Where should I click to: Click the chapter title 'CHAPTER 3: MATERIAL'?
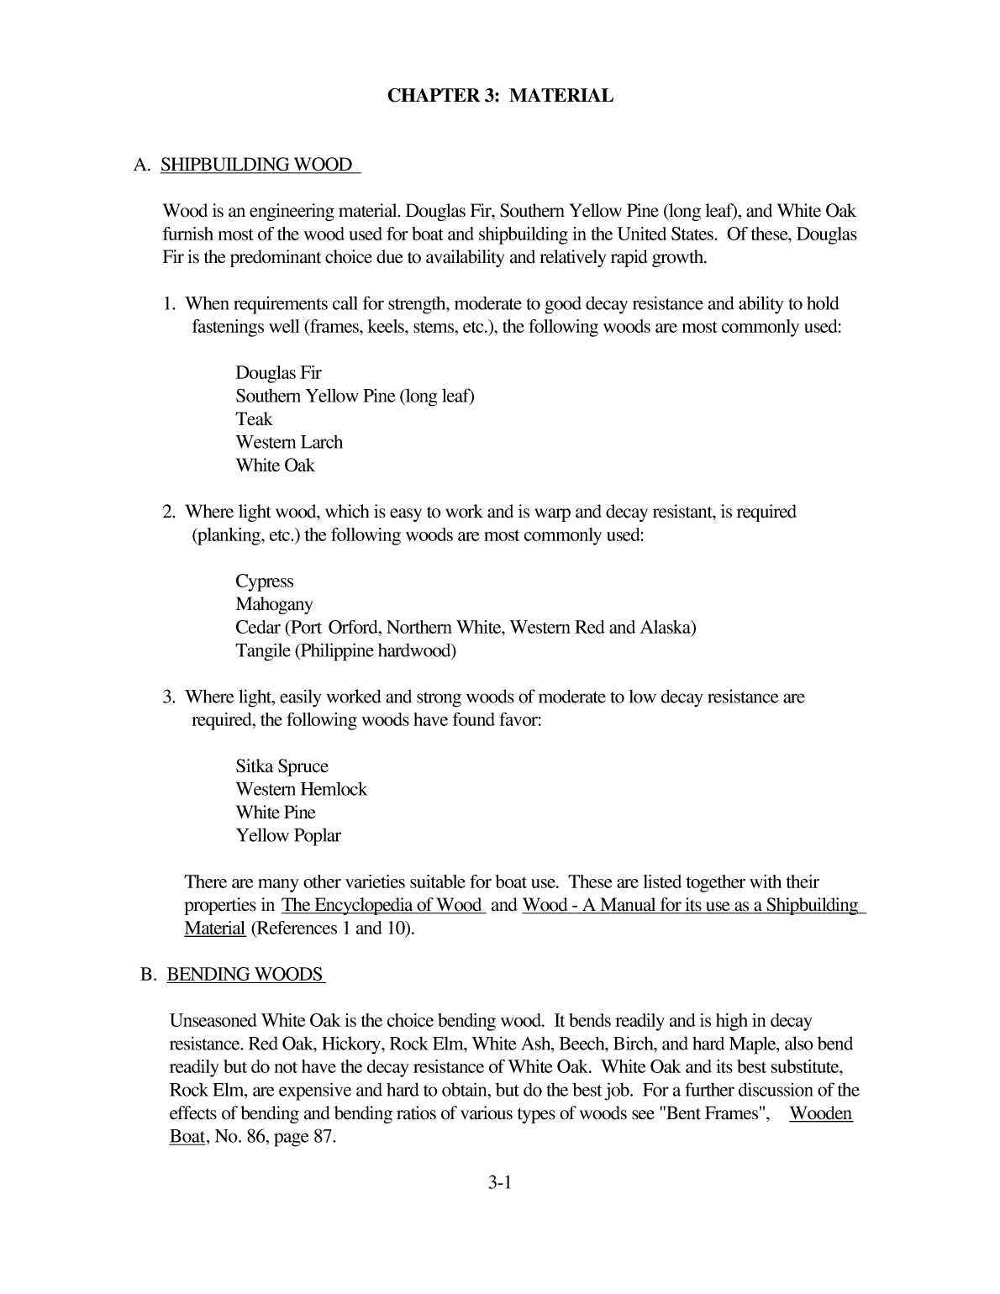tap(500, 96)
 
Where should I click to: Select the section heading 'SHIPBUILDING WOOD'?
tap(256, 165)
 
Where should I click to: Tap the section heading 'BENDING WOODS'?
tap(245, 975)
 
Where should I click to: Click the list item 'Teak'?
tap(254, 419)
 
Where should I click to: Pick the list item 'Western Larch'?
tap(289, 442)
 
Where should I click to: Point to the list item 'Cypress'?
tap(264, 581)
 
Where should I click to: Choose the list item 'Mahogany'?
tap(274, 604)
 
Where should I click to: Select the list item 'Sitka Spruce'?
tap(282, 766)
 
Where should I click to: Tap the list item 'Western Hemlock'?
tap(301, 789)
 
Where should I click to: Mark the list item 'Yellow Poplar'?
tap(287, 836)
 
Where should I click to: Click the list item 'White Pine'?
tap(276, 813)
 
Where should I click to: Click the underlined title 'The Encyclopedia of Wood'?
tap(382, 906)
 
